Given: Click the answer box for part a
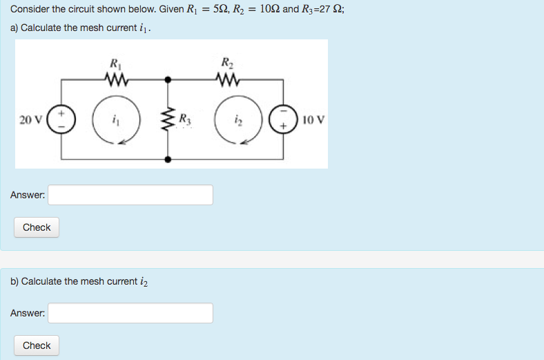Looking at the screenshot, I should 130,195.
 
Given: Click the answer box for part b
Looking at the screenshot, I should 130,313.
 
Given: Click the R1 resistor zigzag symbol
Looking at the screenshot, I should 115,79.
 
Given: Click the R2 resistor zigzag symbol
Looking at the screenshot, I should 226,79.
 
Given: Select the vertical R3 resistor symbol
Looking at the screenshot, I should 167,120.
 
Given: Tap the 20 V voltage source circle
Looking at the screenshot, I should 61,120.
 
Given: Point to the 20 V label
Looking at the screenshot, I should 30,120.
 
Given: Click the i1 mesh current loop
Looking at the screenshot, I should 115,120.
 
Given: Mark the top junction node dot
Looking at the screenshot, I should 167,79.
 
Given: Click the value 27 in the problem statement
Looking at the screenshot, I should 318,10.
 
